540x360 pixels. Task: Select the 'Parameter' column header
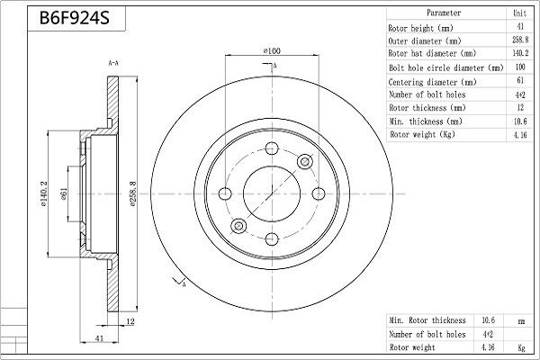(444, 13)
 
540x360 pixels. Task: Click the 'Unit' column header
(519, 13)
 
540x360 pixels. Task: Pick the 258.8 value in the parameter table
(519, 40)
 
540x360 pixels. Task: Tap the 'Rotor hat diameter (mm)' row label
(431, 54)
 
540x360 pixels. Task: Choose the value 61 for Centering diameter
(519, 81)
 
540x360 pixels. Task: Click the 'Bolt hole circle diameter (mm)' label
(445, 67)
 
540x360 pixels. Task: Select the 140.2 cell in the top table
(519, 54)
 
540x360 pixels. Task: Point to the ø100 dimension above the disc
(272, 52)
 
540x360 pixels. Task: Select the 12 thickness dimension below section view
(131, 321)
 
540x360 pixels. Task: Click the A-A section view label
(113, 64)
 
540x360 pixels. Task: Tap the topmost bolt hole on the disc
(272, 149)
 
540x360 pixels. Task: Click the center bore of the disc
(272, 193)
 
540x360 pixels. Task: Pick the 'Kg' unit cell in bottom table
(519, 346)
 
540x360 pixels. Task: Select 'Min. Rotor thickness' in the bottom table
(427, 320)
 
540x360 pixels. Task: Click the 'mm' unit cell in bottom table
(519, 320)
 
